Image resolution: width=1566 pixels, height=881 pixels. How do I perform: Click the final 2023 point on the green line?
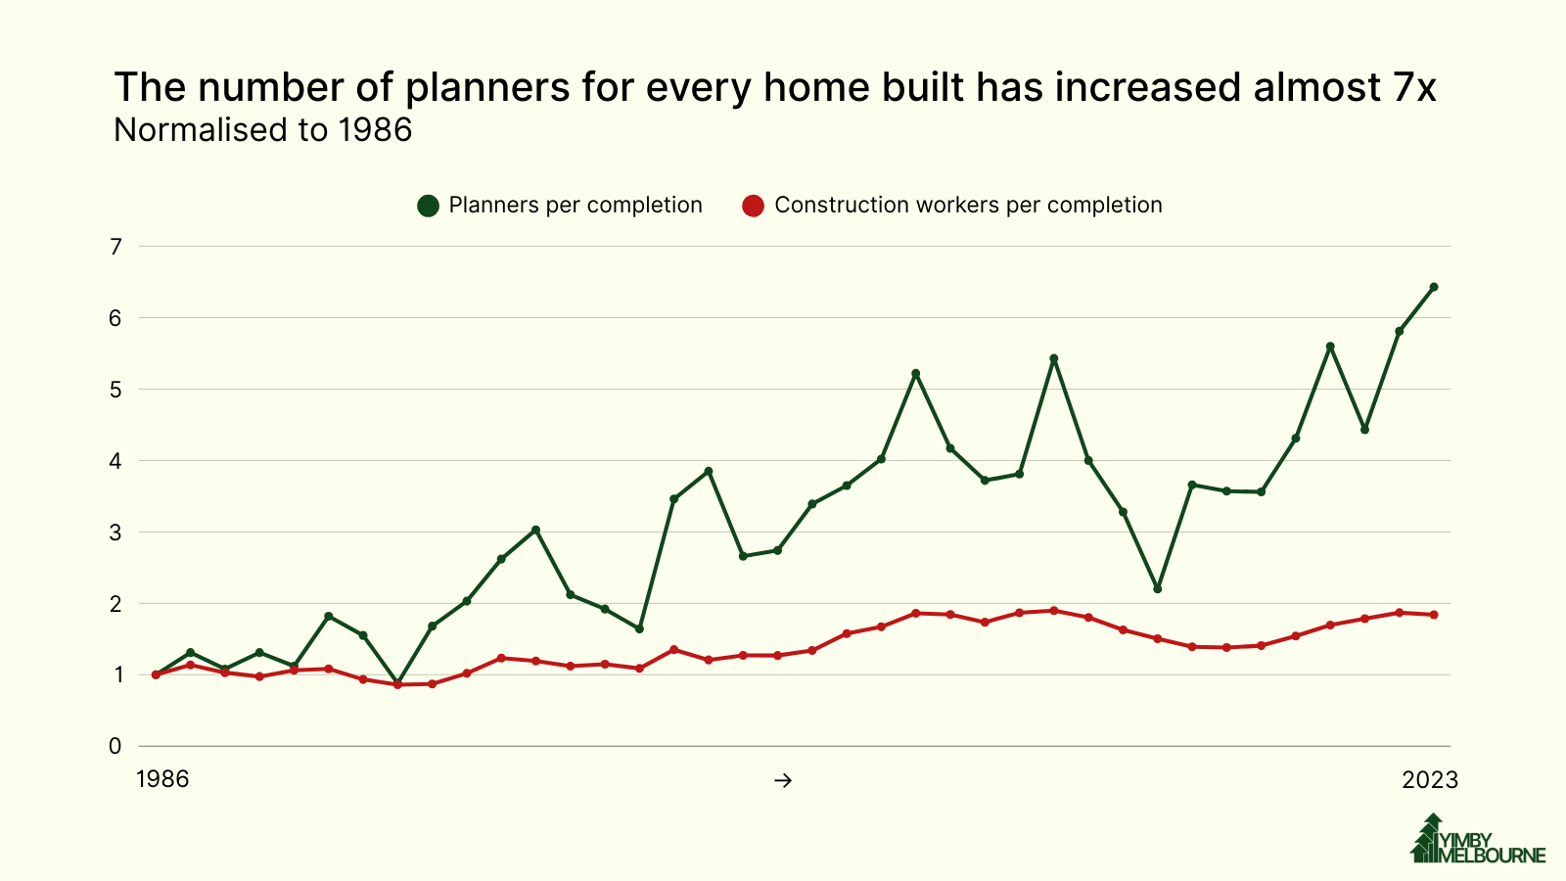(x=1433, y=287)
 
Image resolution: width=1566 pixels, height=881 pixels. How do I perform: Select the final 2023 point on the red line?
(x=1433, y=615)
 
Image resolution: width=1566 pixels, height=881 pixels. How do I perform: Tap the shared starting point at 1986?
(x=156, y=674)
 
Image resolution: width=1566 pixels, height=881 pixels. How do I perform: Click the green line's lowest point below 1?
(x=397, y=682)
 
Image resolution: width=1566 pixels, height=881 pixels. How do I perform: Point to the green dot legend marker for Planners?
(x=428, y=206)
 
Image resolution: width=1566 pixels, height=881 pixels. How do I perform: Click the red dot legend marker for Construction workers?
(x=753, y=206)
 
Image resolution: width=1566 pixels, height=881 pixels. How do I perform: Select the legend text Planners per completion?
(x=576, y=206)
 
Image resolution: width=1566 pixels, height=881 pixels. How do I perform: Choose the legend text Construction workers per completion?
(x=967, y=206)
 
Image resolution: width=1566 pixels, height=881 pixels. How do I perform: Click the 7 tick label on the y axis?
(x=115, y=247)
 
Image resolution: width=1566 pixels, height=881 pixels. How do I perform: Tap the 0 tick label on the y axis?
(x=115, y=746)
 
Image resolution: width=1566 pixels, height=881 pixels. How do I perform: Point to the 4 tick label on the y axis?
(x=115, y=461)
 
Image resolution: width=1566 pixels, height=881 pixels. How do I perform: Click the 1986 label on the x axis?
(x=162, y=780)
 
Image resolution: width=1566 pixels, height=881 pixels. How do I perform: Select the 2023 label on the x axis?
(x=1430, y=780)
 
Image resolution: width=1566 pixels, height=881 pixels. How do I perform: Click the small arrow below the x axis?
(x=782, y=780)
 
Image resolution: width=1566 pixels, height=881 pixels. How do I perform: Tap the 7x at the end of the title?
(x=1412, y=88)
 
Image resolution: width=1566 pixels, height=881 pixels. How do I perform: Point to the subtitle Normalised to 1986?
(x=263, y=130)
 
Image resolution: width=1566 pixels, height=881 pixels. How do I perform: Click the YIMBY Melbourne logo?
(x=1477, y=840)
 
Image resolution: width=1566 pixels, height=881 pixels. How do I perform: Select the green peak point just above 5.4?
(x=1053, y=358)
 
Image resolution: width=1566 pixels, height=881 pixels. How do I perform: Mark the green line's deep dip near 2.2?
(x=1157, y=588)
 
